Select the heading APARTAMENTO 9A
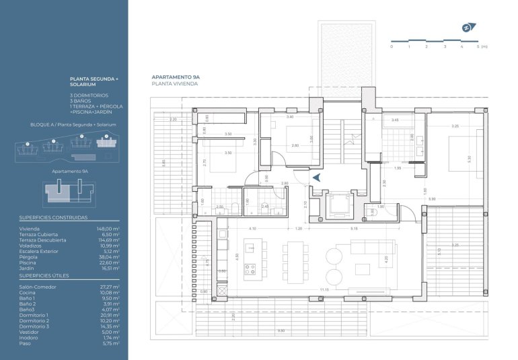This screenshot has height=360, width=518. tap(176, 78)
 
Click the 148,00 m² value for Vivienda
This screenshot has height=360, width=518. tap(108, 229)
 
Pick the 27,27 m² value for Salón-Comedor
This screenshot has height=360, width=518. tap(109, 287)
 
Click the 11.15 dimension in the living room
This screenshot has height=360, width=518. tap(325, 290)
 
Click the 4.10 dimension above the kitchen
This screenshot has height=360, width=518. tap(252, 229)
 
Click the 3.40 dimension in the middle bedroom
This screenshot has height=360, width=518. tap(289, 117)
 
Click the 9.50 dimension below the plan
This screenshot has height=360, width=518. tap(281, 330)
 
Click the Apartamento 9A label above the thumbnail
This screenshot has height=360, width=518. tap(71, 172)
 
